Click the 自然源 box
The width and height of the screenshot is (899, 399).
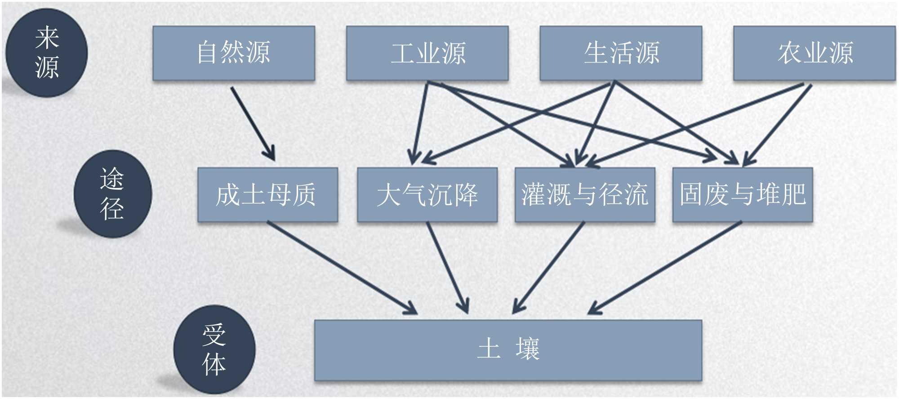tap(233, 53)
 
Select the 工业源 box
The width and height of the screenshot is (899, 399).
tap(427, 53)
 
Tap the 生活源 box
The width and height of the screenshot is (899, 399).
tap(621, 53)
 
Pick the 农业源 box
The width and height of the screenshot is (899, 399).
tap(814, 53)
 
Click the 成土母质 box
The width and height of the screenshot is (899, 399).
tap(267, 195)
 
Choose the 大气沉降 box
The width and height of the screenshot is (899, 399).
tap(427, 195)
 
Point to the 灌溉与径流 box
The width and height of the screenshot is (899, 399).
tap(584, 195)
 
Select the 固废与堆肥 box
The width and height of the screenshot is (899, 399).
tap(743, 195)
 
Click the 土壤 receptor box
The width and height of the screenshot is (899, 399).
tap(508, 350)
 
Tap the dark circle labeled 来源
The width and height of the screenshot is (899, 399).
tap(46, 53)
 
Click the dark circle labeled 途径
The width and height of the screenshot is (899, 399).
tap(112, 194)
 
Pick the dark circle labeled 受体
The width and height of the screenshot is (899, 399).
tap(214, 350)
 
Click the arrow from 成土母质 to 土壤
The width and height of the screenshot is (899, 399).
tap(342, 267)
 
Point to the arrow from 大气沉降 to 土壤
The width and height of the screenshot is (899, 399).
tap(447, 267)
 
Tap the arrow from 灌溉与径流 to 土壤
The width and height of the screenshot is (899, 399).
tap(548, 267)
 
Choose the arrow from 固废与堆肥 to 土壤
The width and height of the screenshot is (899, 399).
tap(665, 267)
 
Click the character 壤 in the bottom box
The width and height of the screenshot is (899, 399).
tap(527, 349)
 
